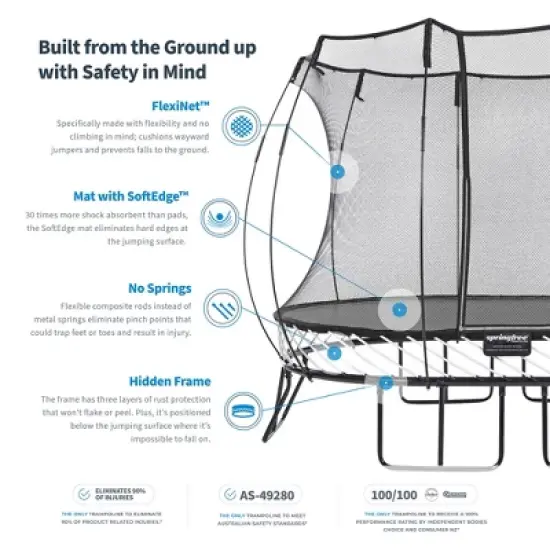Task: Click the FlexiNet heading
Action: coord(182,103)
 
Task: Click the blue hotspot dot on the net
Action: coord(338,171)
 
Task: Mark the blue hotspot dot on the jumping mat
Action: coord(399,309)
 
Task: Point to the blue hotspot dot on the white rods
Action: coord(334,352)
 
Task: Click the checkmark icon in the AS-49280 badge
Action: coord(229,494)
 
